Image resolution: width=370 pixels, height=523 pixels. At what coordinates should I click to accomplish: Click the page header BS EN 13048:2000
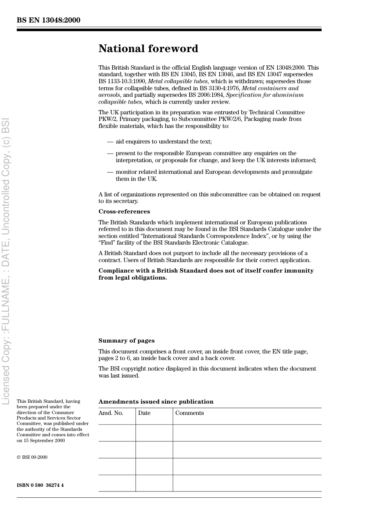coord(49,20)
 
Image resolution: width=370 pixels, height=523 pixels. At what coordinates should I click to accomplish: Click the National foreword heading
coord(148,49)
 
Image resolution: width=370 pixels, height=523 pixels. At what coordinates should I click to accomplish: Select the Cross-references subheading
coord(124,212)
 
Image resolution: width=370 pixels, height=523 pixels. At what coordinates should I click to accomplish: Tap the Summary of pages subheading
coord(126,341)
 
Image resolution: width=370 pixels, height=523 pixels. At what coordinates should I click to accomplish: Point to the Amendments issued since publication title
coord(156,402)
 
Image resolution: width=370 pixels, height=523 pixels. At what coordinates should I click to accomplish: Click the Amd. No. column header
coord(111,413)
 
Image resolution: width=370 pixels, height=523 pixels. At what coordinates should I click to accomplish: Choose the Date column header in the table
coord(144,413)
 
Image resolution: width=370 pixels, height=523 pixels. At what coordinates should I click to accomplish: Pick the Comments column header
coord(189,413)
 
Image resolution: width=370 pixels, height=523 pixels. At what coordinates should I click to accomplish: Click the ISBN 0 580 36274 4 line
coord(40,485)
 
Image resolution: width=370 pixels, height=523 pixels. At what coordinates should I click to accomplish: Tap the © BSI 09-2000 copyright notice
coord(32,457)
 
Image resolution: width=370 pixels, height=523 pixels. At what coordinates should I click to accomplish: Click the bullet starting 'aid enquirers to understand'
coord(164,142)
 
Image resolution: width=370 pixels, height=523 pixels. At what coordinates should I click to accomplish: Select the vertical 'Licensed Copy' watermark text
coord(6,261)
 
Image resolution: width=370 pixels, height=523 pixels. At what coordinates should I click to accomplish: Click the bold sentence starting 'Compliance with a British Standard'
coord(206,274)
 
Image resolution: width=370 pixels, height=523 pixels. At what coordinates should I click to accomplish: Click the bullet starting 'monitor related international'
coord(213,175)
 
